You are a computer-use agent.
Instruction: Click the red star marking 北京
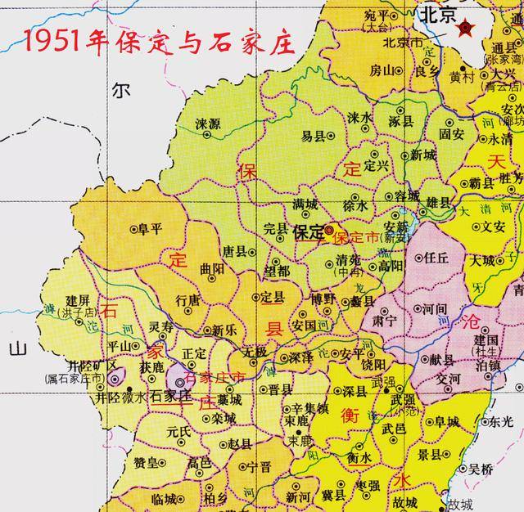pyautogui.click(x=466, y=29)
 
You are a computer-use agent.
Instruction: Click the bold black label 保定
pyautogui.click(x=308, y=232)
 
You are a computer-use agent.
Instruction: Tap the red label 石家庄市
pyautogui.click(x=215, y=377)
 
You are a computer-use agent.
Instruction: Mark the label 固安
pyautogui.click(x=451, y=132)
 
